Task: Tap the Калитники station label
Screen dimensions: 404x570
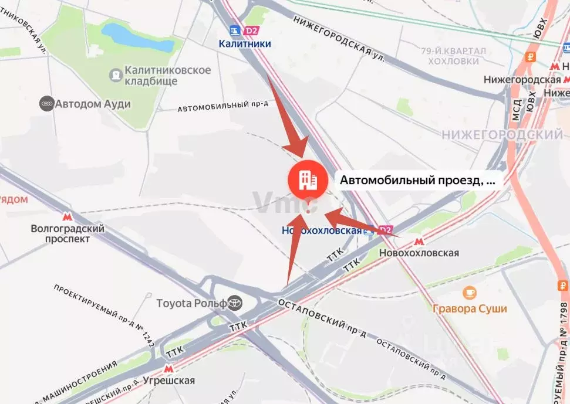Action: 245,43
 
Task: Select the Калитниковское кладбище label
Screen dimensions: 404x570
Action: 160,75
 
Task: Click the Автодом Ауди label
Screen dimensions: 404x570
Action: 93,104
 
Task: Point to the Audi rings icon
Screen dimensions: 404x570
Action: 46,104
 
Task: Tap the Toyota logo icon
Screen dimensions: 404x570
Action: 235,303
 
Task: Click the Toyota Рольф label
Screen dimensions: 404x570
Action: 191,303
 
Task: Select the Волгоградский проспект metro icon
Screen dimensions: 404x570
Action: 68,217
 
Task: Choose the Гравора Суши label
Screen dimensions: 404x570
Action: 470,308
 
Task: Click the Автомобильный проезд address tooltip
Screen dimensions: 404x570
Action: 418,181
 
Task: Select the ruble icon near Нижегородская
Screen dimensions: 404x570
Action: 530,57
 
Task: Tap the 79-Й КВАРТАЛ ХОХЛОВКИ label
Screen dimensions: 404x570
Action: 454,56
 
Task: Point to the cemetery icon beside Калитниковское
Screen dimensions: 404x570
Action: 116,75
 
